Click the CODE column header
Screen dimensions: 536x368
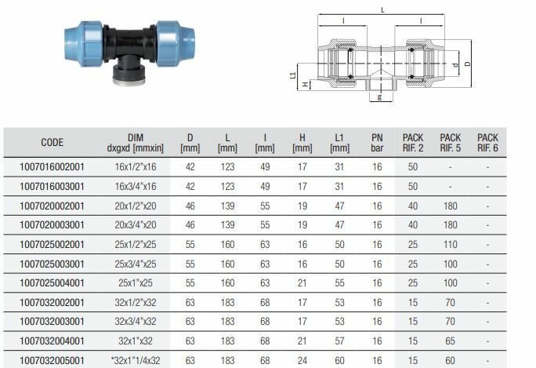click(x=52, y=142)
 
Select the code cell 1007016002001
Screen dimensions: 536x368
click(x=52, y=167)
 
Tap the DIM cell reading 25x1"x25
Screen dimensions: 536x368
click(x=136, y=283)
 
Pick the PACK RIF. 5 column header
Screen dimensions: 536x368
click(x=451, y=143)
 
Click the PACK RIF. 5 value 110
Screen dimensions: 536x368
click(x=451, y=245)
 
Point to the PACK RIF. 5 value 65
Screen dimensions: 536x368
click(x=451, y=341)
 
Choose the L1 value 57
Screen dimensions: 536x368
click(x=339, y=341)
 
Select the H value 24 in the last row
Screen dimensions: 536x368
click(x=302, y=360)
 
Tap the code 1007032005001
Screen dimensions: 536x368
click(x=52, y=360)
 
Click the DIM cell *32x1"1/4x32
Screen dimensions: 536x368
click(x=136, y=360)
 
